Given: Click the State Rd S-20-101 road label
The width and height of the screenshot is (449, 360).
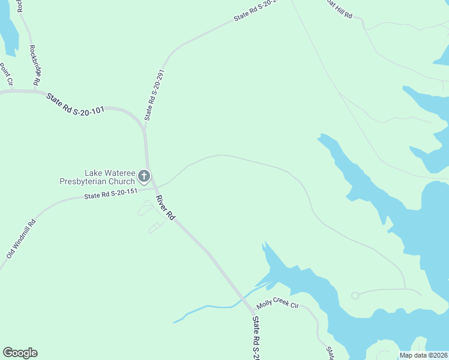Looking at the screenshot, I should (76, 103).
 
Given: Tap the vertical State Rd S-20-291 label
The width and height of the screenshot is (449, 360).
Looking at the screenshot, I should (154, 95).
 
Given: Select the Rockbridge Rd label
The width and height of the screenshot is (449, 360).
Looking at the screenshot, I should (35, 65).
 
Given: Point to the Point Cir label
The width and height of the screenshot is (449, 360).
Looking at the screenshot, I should (7, 74).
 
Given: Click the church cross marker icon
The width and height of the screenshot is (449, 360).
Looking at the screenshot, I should (144, 176).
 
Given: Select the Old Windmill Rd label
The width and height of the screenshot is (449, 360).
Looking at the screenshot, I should (22, 239).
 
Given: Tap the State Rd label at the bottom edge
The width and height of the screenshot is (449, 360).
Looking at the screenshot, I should (256, 339).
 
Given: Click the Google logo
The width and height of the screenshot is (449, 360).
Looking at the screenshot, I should (20, 353).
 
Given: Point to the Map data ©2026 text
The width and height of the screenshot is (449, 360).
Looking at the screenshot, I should (424, 355).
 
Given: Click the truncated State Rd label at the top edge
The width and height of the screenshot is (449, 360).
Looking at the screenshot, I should (257, 11).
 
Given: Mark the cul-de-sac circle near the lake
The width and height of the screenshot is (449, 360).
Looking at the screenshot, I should (355, 295).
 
